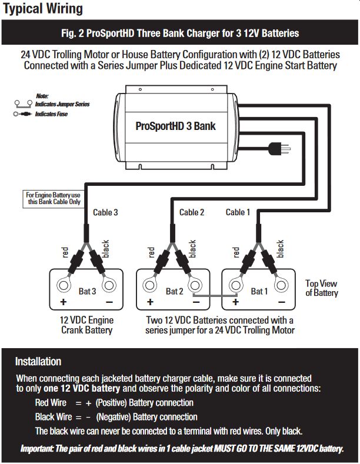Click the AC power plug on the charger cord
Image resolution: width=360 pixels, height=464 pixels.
point(279,149)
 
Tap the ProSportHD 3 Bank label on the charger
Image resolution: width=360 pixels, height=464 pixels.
point(175,126)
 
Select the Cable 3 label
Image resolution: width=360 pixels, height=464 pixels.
point(105,212)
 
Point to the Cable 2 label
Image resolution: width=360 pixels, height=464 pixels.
point(192,212)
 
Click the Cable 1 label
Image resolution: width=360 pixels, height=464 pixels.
point(238,212)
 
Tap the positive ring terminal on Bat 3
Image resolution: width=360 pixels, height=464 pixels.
point(64,286)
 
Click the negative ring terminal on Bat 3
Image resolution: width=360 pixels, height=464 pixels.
point(109,286)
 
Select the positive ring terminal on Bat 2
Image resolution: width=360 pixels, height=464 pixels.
point(150,286)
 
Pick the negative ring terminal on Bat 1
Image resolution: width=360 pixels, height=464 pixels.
point(281,286)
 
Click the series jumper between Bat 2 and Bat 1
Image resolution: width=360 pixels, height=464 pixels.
point(215,295)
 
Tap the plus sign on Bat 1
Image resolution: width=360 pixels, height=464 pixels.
point(236,302)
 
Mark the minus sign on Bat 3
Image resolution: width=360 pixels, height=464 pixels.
point(109,302)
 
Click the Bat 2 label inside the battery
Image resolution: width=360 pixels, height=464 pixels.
point(174,292)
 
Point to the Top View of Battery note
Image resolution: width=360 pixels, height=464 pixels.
point(322,288)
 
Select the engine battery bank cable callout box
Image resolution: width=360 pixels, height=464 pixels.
point(54,199)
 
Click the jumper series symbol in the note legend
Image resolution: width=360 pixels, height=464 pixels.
point(24,104)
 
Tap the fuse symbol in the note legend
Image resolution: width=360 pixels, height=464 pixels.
point(22,114)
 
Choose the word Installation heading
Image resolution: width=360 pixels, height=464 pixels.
point(38,362)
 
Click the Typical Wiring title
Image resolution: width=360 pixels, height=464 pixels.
point(42,9)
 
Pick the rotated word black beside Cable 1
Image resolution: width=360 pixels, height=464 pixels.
point(280,249)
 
